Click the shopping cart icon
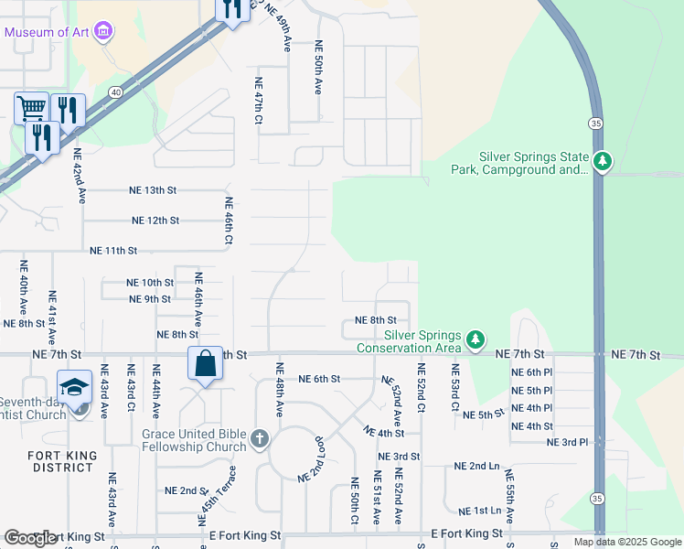(x=31, y=109)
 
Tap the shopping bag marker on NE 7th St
(x=206, y=362)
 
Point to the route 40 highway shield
(x=115, y=91)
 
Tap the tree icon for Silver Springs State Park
(x=602, y=163)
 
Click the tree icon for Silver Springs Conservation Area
(x=475, y=340)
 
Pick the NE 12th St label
(x=155, y=221)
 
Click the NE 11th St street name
(x=113, y=250)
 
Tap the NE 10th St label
(x=150, y=283)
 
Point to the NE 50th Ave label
(x=319, y=67)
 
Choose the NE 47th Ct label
(x=259, y=101)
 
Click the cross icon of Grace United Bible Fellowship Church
(x=260, y=439)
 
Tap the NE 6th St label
(x=319, y=378)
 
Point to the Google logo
(x=31, y=538)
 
